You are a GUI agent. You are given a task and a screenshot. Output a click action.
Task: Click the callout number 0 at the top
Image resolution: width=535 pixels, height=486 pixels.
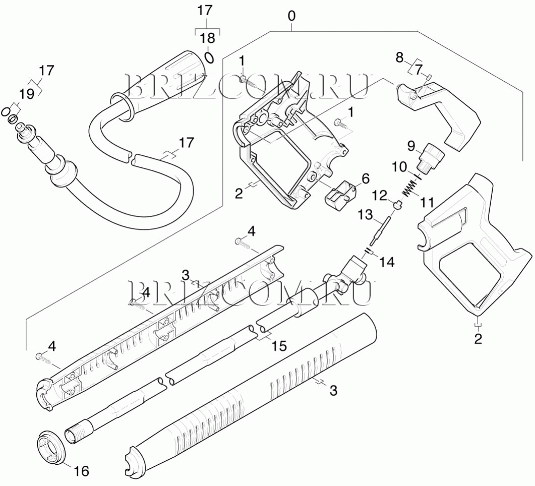pos(291,16)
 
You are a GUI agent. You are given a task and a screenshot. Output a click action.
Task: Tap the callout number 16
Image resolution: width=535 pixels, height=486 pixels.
pos(82,471)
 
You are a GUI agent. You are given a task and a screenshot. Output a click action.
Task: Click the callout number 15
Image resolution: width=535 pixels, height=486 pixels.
pos(279,346)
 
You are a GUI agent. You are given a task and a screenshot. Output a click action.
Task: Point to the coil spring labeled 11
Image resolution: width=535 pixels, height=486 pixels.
pos(411,189)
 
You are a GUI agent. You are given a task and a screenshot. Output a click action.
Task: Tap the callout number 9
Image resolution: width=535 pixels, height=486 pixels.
pos(411,147)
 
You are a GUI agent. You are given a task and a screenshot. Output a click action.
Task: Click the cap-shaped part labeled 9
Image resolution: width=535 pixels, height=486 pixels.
pos(431,153)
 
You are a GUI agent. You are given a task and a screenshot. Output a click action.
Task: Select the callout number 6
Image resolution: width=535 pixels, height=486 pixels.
pos(365,178)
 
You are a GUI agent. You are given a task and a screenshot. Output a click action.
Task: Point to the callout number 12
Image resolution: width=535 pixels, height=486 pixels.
pos(380,195)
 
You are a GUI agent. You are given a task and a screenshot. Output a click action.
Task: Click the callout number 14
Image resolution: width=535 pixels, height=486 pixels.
pos(387,262)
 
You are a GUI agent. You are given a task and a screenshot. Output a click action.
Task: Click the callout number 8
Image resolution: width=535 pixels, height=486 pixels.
pos(399,57)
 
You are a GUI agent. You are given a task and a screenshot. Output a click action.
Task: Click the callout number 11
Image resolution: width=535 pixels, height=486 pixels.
pos(428,203)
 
